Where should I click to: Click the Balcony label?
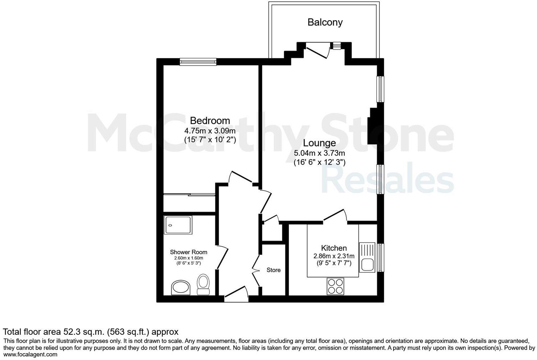(x=325, y=22)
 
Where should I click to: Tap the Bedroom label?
(x=210, y=121)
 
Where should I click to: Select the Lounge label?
(x=319, y=143)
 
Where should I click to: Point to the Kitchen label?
(x=334, y=248)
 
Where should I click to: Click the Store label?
(x=273, y=270)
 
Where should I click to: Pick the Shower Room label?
(x=188, y=252)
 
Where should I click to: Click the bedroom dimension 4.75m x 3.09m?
(x=210, y=130)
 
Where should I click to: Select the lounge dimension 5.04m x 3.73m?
(x=319, y=153)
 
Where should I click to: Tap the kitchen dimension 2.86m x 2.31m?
(x=334, y=256)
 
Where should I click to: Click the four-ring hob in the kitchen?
(x=335, y=287)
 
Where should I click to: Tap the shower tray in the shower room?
(x=178, y=225)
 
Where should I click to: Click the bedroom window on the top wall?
(x=198, y=62)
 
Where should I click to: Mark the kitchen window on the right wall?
(x=381, y=257)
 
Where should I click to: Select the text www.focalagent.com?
(x=30, y=354)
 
